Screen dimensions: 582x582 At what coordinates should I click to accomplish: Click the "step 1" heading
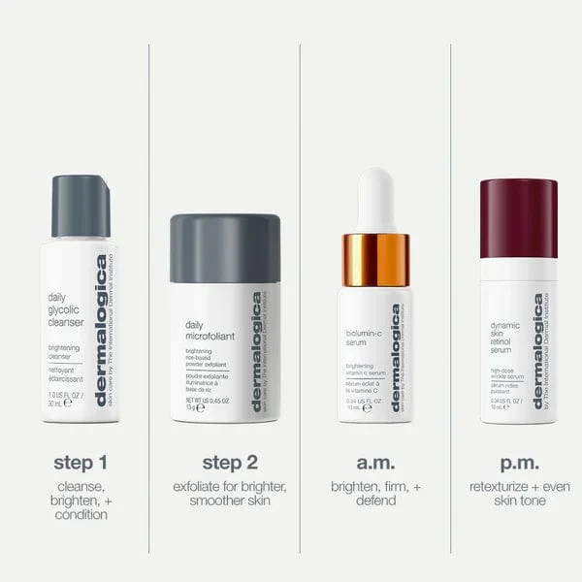tap(81, 462)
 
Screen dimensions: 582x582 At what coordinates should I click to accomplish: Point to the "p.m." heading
tap(518, 462)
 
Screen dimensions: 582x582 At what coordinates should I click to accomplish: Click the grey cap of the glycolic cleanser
tap(81, 206)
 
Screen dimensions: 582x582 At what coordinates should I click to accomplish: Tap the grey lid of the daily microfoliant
tap(225, 248)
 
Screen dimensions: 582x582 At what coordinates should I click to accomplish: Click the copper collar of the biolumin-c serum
tap(375, 259)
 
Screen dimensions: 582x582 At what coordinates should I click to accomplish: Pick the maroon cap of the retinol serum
tap(519, 217)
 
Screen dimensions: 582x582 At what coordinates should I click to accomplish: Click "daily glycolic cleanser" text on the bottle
tap(66, 309)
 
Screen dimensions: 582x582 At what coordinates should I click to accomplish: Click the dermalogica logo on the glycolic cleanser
tap(101, 330)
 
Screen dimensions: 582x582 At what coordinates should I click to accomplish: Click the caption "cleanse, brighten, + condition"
tap(81, 500)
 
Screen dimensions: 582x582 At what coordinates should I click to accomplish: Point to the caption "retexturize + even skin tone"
tap(518, 493)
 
